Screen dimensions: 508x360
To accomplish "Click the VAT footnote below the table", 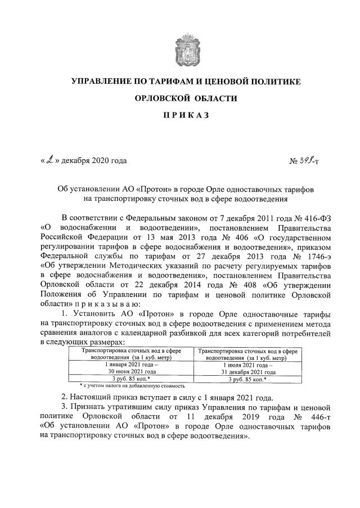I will point(132,386).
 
